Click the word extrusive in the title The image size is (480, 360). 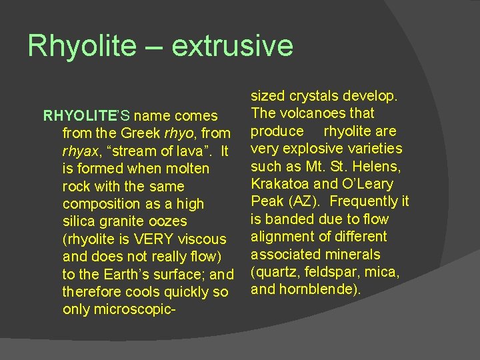[232, 46]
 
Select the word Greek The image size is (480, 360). [154, 133]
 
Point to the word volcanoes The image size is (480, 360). [308, 113]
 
